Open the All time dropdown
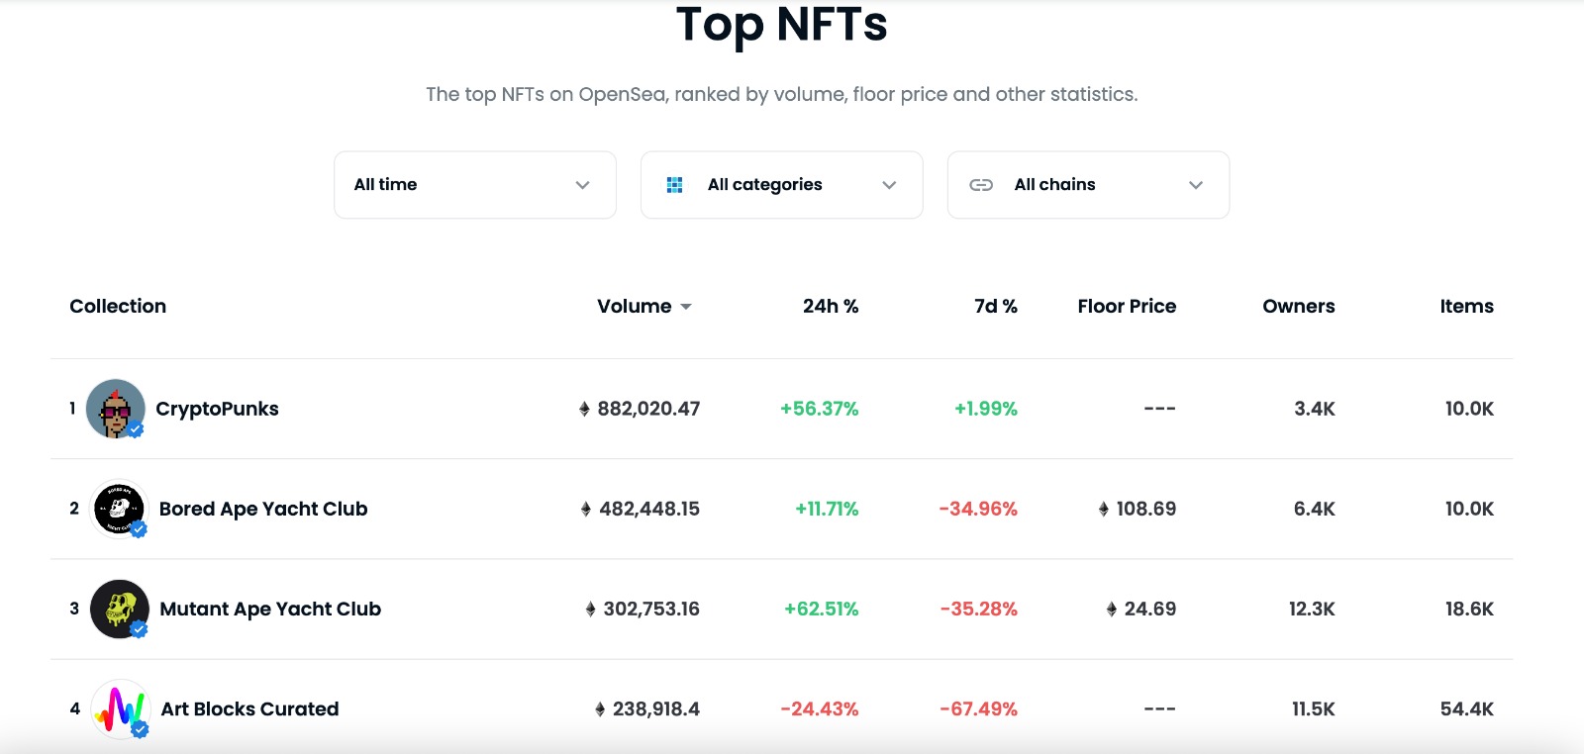point(474,185)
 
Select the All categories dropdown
point(781,185)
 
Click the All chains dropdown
point(1088,185)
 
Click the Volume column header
point(635,307)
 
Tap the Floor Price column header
point(1127,307)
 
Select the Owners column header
point(1298,307)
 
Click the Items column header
point(1466,307)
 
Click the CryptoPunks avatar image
point(116,409)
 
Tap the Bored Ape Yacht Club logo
point(119,509)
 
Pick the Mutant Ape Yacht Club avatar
point(119,609)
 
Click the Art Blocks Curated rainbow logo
point(120,708)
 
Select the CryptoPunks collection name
point(217,410)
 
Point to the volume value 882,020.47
point(648,409)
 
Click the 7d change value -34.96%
point(978,510)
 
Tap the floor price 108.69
point(1145,510)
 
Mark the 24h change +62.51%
point(821,610)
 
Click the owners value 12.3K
point(1312,610)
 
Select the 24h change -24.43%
point(819,709)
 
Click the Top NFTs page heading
point(781,25)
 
